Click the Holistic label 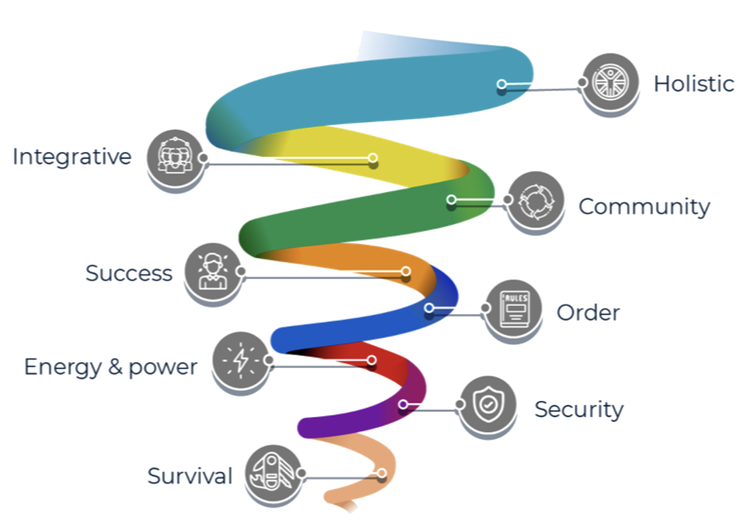tap(694, 83)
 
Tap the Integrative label tap(72, 156)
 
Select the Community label tap(644, 206)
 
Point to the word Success tap(129, 273)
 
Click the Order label tap(588, 312)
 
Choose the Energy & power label tap(111, 367)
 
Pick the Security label tap(579, 410)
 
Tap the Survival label tap(190, 476)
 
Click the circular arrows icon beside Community tap(535, 200)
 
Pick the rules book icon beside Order tap(513, 308)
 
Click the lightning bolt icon tap(240, 360)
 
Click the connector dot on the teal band tap(502, 84)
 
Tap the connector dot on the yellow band tap(373, 158)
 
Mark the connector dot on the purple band tap(403, 405)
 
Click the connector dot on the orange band tap(406, 271)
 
